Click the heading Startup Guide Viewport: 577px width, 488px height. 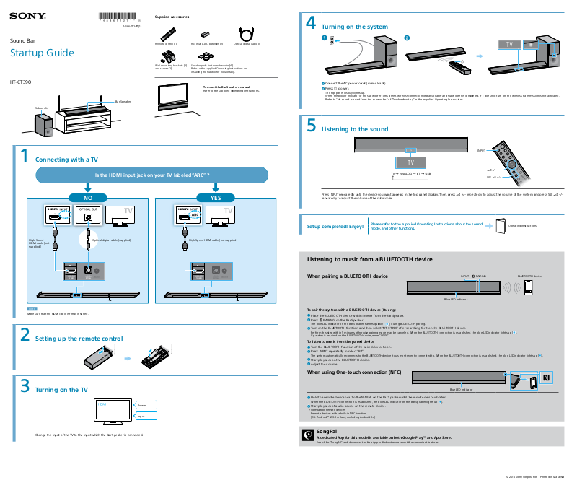[x=42, y=53]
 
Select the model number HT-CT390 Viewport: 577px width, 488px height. [x=21, y=81]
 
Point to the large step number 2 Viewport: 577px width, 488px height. [x=24, y=335]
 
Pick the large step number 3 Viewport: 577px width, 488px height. [x=24, y=385]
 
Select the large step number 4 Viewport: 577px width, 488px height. [x=311, y=23]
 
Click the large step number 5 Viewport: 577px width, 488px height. [x=311, y=126]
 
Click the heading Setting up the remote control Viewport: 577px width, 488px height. [x=79, y=339]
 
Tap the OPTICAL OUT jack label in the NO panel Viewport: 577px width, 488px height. [x=89, y=209]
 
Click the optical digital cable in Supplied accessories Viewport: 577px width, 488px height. [x=247, y=34]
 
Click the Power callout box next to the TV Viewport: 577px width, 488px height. [x=146, y=406]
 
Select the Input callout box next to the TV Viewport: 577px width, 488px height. [x=146, y=417]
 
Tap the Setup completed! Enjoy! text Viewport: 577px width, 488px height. [x=335, y=227]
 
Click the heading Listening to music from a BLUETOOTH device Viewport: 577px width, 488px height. [x=369, y=259]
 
